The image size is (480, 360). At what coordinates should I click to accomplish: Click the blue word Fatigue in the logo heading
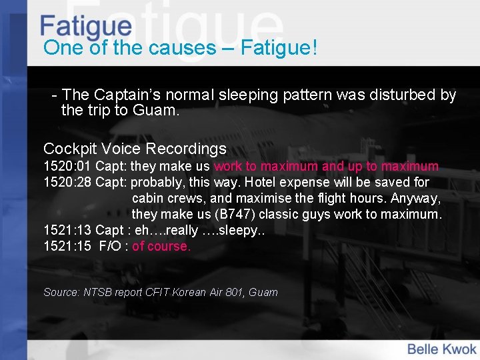coord(85,26)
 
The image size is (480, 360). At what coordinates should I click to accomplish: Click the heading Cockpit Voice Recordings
coord(135,149)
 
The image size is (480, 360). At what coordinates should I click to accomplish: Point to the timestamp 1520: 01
coord(67,166)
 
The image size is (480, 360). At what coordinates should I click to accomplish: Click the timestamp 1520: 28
coord(67,182)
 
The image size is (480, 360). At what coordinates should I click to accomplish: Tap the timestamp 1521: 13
coord(67,230)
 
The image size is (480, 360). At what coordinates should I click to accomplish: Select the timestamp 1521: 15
coord(67,246)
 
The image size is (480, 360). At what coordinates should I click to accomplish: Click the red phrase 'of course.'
coord(161,246)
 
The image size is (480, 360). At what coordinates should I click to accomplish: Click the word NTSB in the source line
coord(101,292)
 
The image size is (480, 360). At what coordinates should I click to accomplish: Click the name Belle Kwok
coord(441,349)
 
